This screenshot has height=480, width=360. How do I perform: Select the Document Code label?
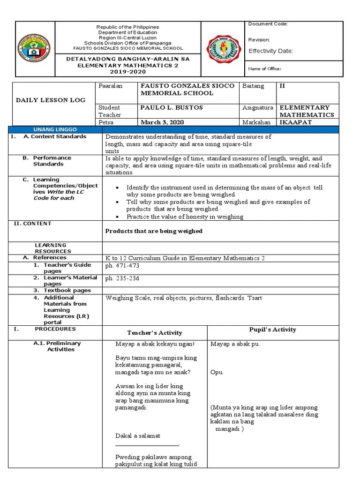(268, 24)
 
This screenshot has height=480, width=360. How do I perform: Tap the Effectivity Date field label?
(270, 51)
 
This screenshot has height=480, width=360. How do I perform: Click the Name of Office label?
(264, 69)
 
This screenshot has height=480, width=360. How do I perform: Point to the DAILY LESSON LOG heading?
(51, 100)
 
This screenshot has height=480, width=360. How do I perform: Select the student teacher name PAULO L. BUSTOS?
(172, 108)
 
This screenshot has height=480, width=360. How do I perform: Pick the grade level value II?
(282, 86)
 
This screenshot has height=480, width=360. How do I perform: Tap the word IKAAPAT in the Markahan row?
(296, 122)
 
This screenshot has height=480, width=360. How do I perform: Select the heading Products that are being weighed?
(154, 231)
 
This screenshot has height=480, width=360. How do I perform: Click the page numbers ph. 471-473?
(122, 266)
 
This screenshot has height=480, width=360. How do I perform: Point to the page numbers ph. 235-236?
(122, 278)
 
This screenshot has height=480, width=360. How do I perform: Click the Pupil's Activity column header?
(272, 330)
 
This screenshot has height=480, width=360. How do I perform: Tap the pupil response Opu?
(217, 372)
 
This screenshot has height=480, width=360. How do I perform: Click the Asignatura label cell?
(257, 108)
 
